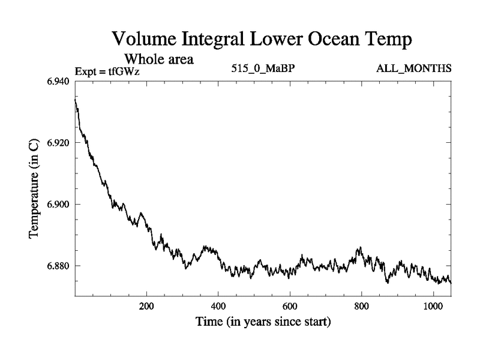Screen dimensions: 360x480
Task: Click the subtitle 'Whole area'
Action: pyautogui.click(x=159, y=59)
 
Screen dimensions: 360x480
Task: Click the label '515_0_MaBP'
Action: pyautogui.click(x=263, y=68)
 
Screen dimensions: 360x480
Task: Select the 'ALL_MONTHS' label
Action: pyautogui.click(x=413, y=68)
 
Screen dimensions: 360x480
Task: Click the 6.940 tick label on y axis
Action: pyautogui.click(x=58, y=82)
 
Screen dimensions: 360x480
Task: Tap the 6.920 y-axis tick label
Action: pyautogui.click(x=58, y=143)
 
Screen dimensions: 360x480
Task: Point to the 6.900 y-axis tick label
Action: pyautogui.click(x=58, y=204)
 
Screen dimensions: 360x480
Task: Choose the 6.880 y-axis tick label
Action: pyautogui.click(x=58, y=265)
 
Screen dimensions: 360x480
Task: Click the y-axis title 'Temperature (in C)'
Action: pyautogui.click(x=35, y=189)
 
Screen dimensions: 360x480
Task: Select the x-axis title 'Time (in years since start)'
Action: pyautogui.click(x=263, y=322)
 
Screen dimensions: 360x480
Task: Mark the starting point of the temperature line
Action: pyautogui.click(x=75, y=99)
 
